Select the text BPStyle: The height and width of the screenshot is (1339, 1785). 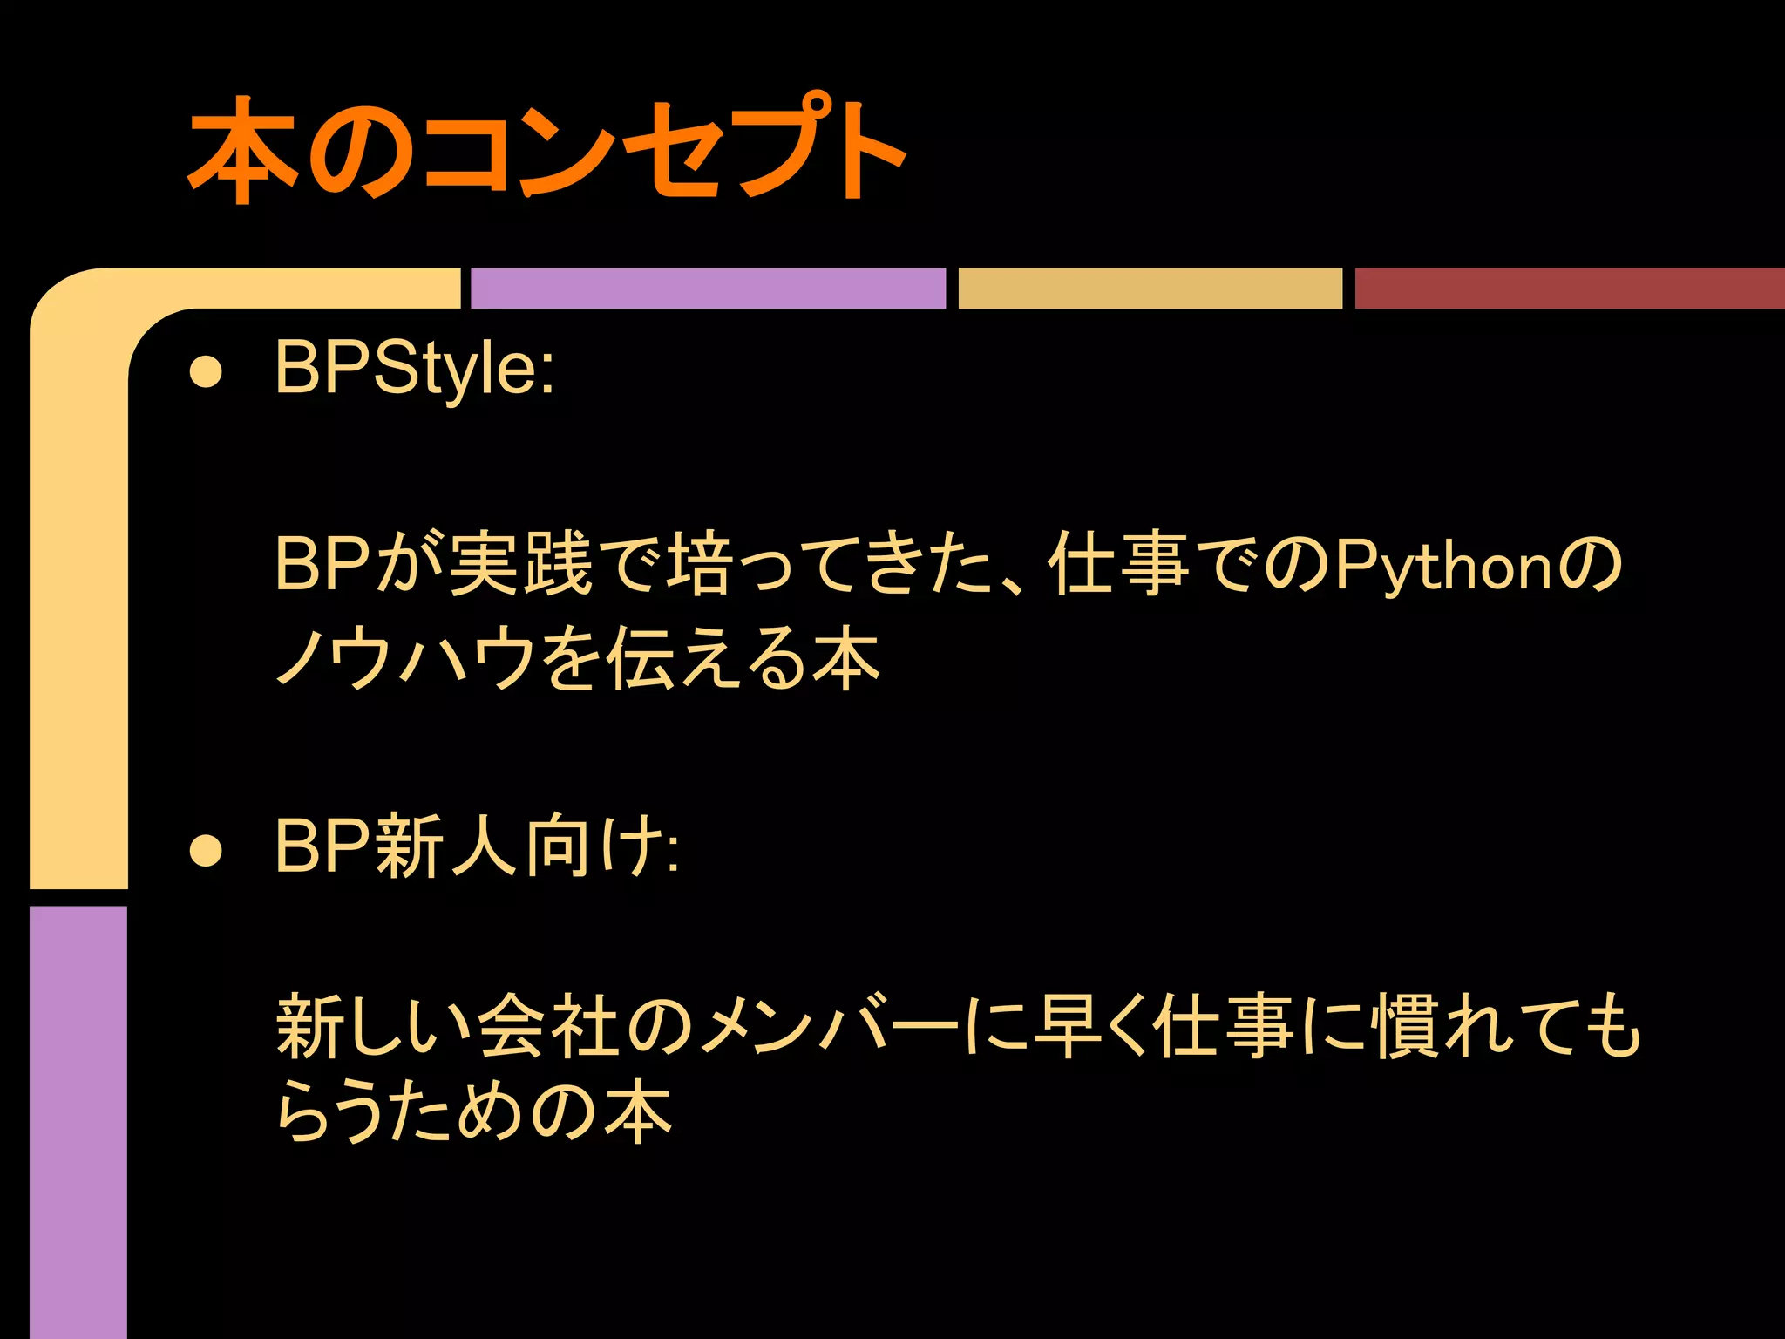(x=414, y=369)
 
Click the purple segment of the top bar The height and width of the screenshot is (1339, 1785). (x=708, y=288)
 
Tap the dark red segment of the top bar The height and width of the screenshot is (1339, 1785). (x=1569, y=288)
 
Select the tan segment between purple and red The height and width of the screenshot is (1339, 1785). (x=1150, y=288)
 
